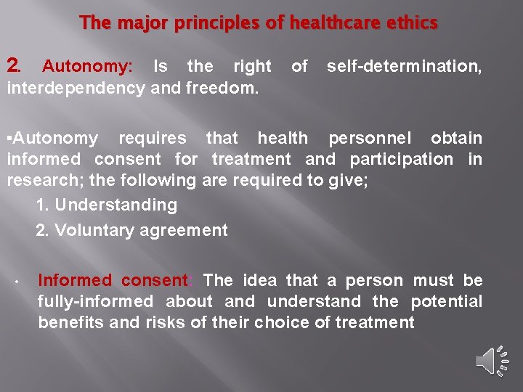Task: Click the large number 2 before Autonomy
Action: [13, 66]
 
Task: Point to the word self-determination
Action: [404, 66]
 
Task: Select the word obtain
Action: [456, 138]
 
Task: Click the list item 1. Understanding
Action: [107, 205]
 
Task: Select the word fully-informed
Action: [95, 301]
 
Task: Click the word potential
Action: [447, 301]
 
